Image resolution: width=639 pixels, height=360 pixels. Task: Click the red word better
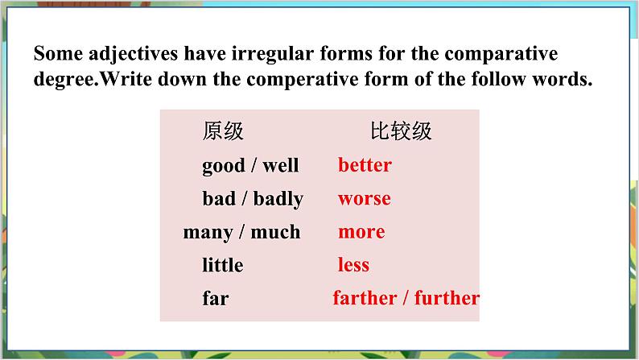tap(365, 165)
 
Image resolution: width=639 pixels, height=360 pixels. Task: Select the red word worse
tap(364, 199)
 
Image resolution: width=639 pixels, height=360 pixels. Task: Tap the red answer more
tap(361, 232)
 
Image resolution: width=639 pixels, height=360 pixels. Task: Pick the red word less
tap(353, 265)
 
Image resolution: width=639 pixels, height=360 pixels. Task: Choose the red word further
tap(447, 298)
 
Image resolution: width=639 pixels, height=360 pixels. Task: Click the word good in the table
tap(223, 166)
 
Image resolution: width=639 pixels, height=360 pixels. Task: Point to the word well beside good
tap(280, 166)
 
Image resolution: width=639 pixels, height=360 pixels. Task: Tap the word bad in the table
tap(219, 199)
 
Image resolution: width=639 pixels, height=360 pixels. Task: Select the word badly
tap(278, 200)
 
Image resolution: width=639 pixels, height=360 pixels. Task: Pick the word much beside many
tap(274, 232)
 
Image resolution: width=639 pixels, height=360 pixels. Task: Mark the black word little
tap(223, 265)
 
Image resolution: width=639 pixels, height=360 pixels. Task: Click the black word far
tap(216, 299)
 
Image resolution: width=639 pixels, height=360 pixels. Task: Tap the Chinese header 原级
tap(223, 130)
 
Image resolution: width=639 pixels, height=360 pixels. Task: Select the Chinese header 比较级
tap(401, 130)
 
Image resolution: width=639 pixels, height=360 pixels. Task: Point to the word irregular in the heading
tap(270, 55)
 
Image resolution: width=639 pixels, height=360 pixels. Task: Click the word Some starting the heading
tap(56, 55)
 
